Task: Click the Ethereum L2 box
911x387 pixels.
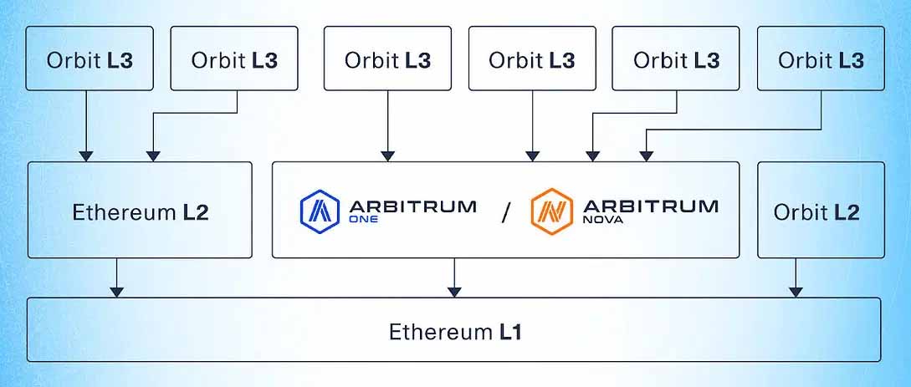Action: (140, 211)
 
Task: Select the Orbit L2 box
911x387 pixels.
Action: (820, 211)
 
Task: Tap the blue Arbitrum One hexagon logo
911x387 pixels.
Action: (319, 211)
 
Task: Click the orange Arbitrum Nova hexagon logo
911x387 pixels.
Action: (551, 211)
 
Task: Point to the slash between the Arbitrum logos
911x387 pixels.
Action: (504, 212)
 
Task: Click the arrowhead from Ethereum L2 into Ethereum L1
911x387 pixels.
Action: (117, 291)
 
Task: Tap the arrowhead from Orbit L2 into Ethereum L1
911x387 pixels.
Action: (796, 291)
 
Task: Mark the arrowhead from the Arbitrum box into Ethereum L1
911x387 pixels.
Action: (454, 291)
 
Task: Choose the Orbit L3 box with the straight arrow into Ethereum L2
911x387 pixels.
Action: (90, 59)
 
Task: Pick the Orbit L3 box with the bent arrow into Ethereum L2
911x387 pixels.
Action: (233, 59)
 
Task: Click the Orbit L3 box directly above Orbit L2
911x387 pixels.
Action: (820, 59)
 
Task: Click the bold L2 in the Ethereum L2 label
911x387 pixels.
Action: (196, 212)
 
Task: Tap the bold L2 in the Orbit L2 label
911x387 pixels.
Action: (846, 212)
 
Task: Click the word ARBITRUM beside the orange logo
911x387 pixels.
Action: (648, 205)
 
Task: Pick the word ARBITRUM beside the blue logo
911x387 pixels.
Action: (413, 205)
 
